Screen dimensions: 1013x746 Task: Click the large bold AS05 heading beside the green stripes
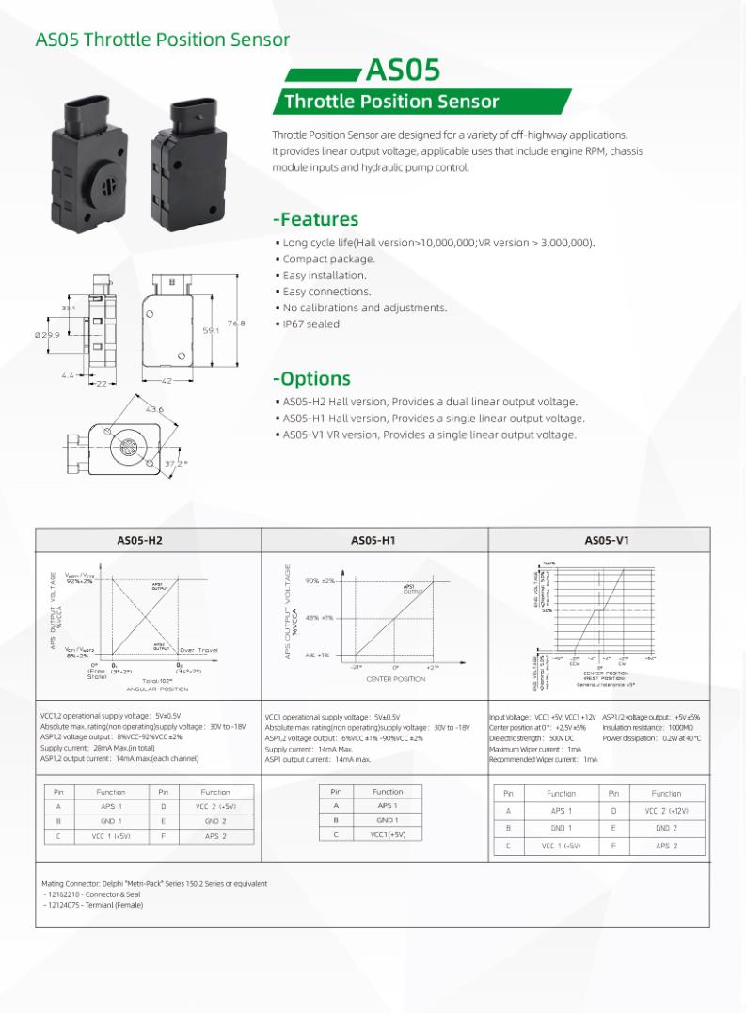click(402, 71)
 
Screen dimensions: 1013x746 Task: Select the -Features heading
click(315, 219)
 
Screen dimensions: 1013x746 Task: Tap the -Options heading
click(311, 378)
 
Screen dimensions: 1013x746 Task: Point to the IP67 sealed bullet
click(310, 324)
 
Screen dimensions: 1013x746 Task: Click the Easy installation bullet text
click(325, 275)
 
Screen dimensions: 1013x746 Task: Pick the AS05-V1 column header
click(607, 540)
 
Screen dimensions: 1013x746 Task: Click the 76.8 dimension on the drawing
click(234, 323)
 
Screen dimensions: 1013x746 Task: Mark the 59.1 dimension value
click(211, 330)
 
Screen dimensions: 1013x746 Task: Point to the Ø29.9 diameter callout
click(47, 335)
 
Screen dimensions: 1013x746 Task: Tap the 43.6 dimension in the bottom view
click(154, 409)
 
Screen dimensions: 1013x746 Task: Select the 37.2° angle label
click(176, 463)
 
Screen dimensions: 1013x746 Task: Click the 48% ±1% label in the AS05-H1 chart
click(319, 618)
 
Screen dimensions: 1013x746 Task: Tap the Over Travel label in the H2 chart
click(199, 650)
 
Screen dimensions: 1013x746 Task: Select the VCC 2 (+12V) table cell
click(666, 810)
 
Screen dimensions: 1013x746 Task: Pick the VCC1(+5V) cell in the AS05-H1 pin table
click(387, 834)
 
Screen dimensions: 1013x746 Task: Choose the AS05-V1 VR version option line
click(429, 434)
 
